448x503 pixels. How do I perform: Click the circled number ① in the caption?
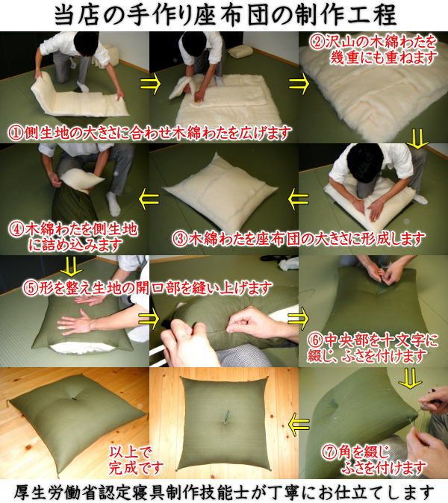15,133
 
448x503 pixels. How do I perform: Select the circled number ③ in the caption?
180,239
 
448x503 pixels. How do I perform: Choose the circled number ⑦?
329,452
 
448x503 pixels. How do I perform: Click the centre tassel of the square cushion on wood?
223,420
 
